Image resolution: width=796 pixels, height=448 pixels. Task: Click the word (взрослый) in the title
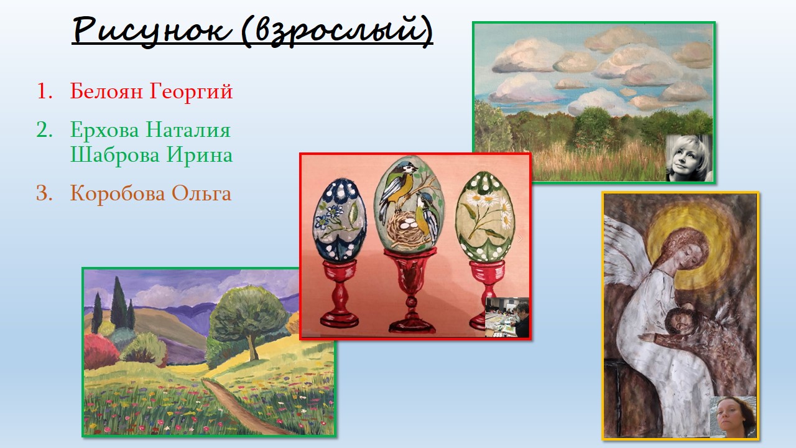tap(337, 30)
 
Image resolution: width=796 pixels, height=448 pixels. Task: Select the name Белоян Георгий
tap(151, 91)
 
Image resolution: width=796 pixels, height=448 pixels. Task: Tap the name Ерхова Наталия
tap(150, 130)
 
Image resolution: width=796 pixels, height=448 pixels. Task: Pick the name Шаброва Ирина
tap(151, 155)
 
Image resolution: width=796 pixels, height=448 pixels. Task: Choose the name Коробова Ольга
tap(150, 194)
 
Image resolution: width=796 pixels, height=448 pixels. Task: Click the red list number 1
tap(44, 91)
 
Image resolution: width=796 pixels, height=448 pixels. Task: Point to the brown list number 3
tap(44, 194)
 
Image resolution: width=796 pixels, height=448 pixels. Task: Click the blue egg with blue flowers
tap(340, 220)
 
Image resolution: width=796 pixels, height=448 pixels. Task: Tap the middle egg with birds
tap(409, 205)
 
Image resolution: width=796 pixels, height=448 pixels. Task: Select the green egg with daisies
tap(484, 217)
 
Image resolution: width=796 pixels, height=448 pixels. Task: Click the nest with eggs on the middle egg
tap(405, 229)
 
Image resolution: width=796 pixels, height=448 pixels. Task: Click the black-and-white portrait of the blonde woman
tap(688, 158)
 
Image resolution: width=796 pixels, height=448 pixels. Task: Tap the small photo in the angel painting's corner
tap(733, 417)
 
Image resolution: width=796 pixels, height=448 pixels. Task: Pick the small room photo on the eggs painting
tap(507, 317)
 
